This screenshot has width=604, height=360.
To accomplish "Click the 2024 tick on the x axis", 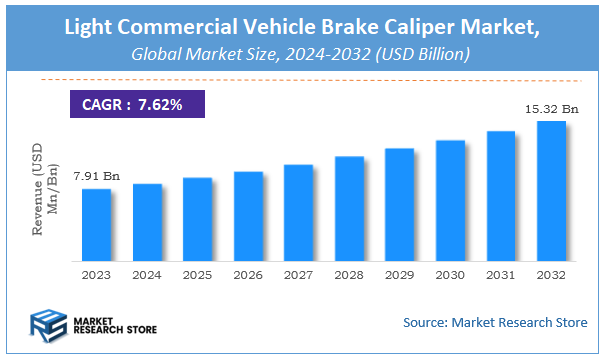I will click(147, 274).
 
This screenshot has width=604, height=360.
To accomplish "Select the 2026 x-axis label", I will click(248, 274).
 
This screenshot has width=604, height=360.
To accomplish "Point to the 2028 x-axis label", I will click(349, 274).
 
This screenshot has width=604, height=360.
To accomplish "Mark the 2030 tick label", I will click(450, 274).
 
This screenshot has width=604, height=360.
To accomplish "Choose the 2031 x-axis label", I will click(501, 274).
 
